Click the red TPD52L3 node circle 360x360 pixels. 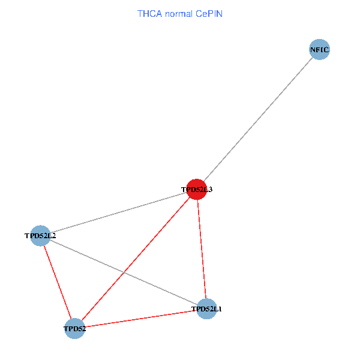pyautogui.click(x=196, y=189)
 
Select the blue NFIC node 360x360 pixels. pyautogui.click(x=319, y=50)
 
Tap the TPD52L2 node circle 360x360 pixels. pyautogui.click(x=40, y=236)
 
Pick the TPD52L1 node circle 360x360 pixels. pyautogui.click(x=206, y=309)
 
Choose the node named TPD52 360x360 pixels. pyautogui.click(x=74, y=329)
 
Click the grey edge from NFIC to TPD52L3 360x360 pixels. pyautogui.click(x=258, y=119)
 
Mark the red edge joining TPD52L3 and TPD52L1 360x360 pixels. pyautogui.click(x=201, y=249)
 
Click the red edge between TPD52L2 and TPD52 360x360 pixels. pyautogui.click(x=57, y=282)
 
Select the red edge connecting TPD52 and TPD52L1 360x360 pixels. pyautogui.click(x=140, y=319)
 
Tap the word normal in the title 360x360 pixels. pyautogui.click(x=177, y=13)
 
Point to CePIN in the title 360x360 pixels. pyautogui.click(x=209, y=13)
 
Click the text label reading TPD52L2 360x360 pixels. pyautogui.click(x=40, y=236)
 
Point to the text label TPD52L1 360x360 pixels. pyautogui.click(x=206, y=310)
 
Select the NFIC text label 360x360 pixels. pyautogui.click(x=319, y=50)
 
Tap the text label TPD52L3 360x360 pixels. pyautogui.click(x=197, y=190)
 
